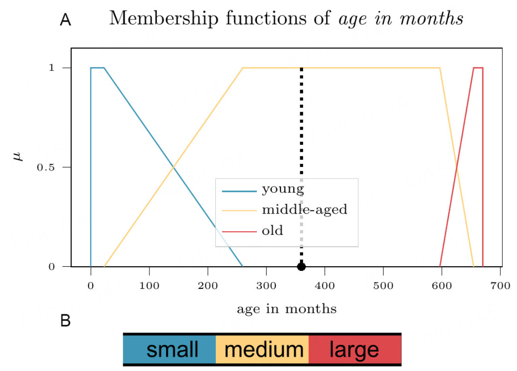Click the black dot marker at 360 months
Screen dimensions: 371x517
(x=301, y=266)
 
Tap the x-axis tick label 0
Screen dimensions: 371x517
(x=91, y=286)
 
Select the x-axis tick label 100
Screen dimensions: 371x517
(x=149, y=286)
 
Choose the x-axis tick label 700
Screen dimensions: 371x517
(x=500, y=286)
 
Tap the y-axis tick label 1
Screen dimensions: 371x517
(x=52, y=68)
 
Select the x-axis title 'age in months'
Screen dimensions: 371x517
(x=286, y=309)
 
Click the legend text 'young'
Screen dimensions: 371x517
(x=283, y=189)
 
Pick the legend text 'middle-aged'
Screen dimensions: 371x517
(x=304, y=210)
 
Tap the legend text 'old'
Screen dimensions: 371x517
(x=272, y=230)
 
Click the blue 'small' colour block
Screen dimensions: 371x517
(x=169, y=349)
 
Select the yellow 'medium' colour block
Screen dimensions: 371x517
(x=262, y=349)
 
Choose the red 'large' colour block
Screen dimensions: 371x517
(x=355, y=349)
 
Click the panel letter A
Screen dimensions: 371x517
(x=65, y=21)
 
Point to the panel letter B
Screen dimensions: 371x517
(x=65, y=321)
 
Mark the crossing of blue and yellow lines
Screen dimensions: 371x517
(x=173, y=167)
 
